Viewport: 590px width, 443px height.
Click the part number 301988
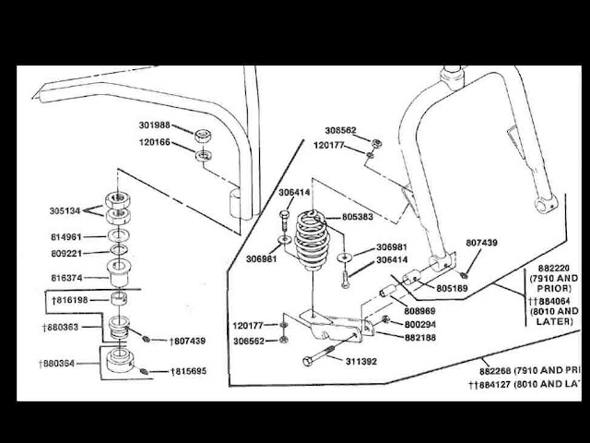156,126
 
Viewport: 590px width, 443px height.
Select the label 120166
156,143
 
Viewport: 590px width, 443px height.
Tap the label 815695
185,371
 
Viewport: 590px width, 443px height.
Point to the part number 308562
341,132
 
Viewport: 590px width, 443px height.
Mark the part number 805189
454,288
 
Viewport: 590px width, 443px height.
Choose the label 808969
420,311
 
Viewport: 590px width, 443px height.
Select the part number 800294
420,325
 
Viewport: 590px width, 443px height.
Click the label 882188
420,339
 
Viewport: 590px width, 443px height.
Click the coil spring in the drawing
313,242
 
